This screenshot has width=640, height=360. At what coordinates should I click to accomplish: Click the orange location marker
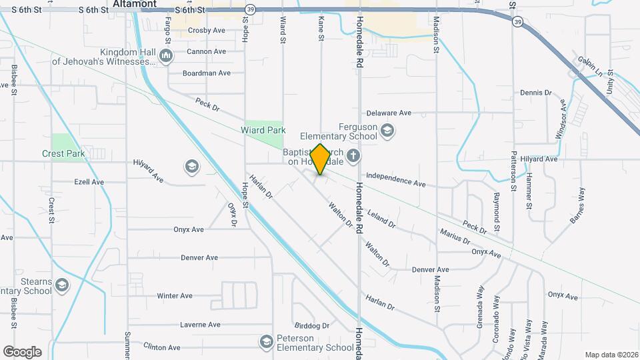320,159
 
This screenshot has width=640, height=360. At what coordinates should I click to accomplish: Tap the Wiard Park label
263,131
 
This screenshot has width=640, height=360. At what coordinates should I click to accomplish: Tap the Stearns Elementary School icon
62,286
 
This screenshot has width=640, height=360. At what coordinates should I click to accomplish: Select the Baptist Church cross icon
353,157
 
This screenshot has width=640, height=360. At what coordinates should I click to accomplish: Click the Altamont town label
135,4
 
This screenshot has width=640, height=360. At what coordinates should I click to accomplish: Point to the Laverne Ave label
200,325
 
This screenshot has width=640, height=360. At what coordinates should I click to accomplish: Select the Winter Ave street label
175,295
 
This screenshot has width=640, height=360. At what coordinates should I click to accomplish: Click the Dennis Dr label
536,93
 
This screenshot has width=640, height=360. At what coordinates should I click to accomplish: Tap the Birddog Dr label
312,326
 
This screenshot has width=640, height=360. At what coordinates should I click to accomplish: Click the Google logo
22,351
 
